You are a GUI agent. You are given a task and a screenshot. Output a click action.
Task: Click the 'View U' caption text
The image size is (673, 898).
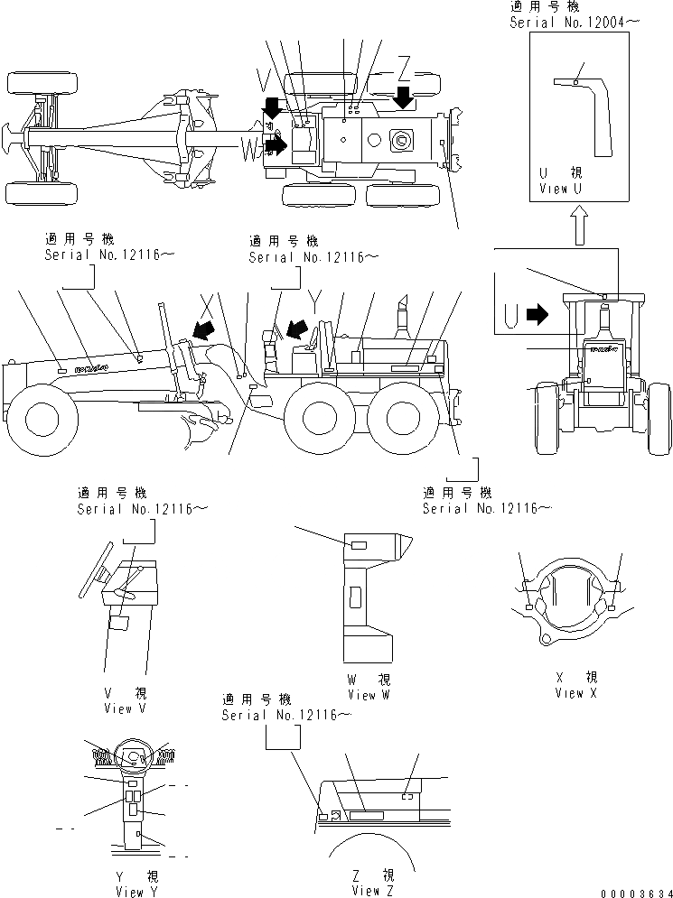pyautogui.click(x=566, y=189)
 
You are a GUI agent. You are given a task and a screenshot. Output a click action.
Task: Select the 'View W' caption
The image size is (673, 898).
pyautogui.click(x=368, y=695)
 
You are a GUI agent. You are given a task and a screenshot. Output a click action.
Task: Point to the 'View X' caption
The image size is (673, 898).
pyautogui.click(x=576, y=693)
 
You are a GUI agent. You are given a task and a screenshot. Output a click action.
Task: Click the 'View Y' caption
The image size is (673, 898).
pyautogui.click(x=130, y=892)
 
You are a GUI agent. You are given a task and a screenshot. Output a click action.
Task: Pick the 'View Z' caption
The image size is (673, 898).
pyautogui.click(x=373, y=892)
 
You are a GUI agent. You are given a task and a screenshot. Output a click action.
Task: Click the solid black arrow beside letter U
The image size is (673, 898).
pyautogui.click(x=537, y=315)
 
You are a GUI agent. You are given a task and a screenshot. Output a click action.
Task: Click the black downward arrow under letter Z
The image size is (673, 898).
pyautogui.click(x=404, y=96)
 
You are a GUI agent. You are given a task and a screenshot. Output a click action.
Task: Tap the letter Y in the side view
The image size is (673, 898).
pyautogui.click(x=313, y=297)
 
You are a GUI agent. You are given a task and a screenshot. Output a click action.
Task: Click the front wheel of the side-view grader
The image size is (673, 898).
pyautogui.click(x=43, y=418)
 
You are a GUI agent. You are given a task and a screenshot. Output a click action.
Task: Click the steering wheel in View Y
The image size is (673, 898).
pyautogui.click(x=132, y=756)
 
